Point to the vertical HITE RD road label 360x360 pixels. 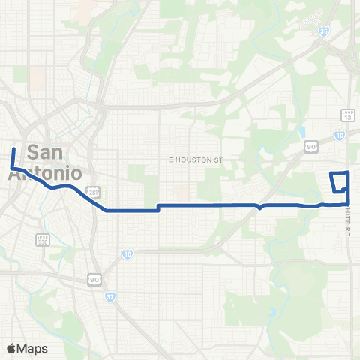tap(349, 223)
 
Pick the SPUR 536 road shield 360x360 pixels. tap(43, 239)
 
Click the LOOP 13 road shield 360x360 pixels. tap(347, 115)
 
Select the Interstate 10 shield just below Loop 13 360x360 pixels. tap(340, 135)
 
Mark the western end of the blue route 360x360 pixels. tap(13, 149)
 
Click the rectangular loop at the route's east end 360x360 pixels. tap(340, 182)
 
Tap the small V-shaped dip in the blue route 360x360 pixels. tap(259, 208)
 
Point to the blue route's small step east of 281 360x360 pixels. tap(157, 207)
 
